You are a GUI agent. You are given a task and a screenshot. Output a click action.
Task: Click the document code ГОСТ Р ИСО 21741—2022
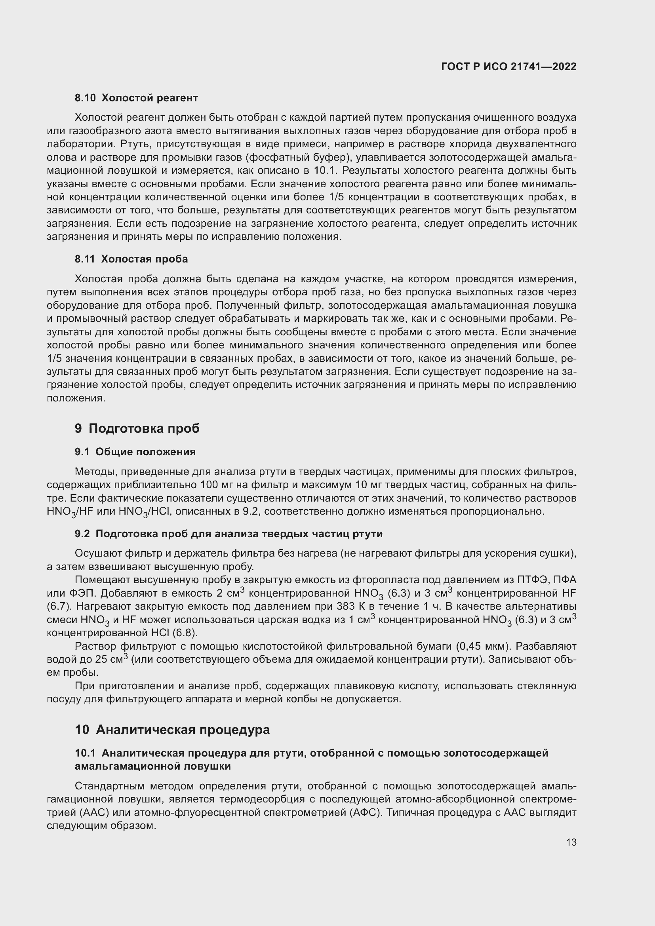coord(508,67)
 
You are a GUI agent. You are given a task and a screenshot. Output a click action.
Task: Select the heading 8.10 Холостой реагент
coord(136,98)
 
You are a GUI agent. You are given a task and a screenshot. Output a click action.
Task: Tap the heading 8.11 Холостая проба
coord(131,259)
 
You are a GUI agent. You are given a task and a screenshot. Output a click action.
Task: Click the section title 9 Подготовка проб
coord(137,428)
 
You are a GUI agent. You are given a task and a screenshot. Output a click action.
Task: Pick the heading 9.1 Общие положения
coord(135,452)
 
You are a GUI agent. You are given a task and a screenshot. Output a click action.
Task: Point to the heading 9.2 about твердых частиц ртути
coord(228,534)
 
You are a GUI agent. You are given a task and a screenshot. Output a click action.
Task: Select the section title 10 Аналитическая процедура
coord(172,730)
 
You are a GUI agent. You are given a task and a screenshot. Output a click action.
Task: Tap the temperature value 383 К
coord(352,607)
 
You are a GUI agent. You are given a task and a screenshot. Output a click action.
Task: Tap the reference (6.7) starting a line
coord(59,607)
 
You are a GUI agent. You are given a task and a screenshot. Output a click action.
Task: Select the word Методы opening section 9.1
coord(95,472)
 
